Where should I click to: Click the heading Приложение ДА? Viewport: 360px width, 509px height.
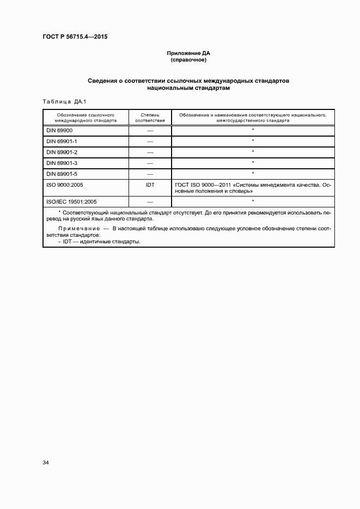[188, 53]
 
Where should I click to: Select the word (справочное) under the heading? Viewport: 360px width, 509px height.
[188, 60]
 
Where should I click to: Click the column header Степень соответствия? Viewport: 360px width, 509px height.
[149, 118]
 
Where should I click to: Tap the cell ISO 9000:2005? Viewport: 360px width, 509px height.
[64, 185]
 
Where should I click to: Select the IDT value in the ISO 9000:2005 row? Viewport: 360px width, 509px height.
[150, 185]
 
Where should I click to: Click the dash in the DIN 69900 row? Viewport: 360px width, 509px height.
[150, 131]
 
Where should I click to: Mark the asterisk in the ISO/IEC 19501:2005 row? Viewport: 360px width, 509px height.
[253, 201]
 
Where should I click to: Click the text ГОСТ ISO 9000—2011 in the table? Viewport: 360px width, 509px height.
[202, 185]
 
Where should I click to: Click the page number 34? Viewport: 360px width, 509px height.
[46, 463]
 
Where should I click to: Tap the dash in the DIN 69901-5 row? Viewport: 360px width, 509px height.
[150, 174]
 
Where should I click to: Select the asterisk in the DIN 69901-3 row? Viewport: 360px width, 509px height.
[253, 163]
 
